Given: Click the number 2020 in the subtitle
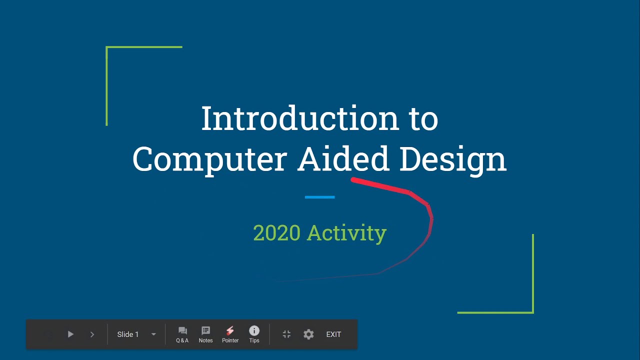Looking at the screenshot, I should tap(276, 233).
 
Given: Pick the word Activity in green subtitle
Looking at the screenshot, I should tap(346, 233).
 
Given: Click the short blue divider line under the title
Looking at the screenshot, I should tap(319, 197).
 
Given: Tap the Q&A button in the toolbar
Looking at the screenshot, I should tap(182, 334).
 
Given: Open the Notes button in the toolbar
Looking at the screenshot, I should tap(205, 334).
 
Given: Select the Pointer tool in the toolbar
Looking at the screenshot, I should tap(230, 334).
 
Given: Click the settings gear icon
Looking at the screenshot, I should tap(308, 334).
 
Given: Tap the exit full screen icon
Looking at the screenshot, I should tap(286, 334).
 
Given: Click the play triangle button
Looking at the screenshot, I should tap(70, 334).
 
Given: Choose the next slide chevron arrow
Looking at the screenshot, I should tap(92, 334).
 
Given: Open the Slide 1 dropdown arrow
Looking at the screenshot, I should tap(153, 334).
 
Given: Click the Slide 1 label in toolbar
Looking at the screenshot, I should tap(127, 334).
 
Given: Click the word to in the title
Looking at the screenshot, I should tap(423, 119).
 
